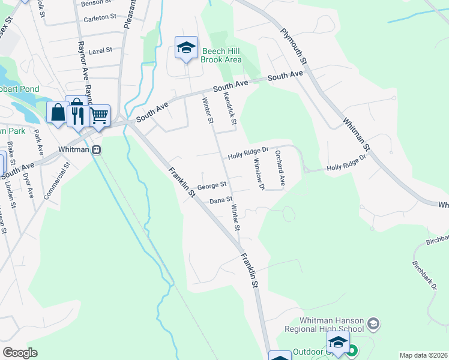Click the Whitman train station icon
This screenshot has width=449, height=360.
pos(96,149)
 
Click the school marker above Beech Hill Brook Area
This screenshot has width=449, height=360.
pos(186,47)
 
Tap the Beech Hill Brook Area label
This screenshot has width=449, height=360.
pos(221,55)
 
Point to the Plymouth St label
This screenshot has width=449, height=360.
pos(294,46)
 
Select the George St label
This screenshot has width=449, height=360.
pos(211,185)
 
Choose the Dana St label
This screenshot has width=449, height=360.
pos(221,200)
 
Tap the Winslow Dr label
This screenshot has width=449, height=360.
pos(259,174)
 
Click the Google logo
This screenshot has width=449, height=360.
pos(20,353)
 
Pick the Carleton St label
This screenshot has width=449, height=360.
pos(100,18)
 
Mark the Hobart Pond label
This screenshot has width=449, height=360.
pos(20,89)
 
